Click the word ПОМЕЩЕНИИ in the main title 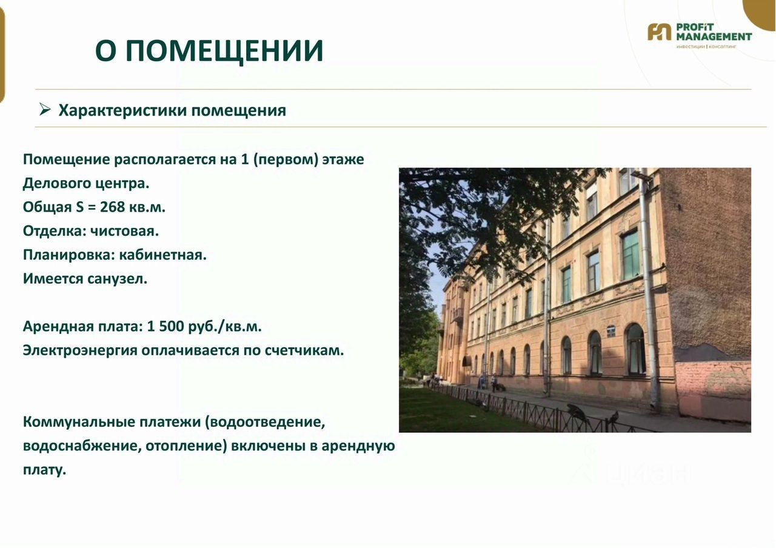pos(224,51)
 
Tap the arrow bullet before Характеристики pos(45,110)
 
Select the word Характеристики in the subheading pos(122,111)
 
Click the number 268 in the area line pos(112,207)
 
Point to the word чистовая pos(124,231)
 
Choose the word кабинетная pos(163,255)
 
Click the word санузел pos(116,279)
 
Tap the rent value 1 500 pos(166,326)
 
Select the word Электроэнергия pos(80,351)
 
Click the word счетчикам pos(304,350)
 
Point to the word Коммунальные pos(79,423)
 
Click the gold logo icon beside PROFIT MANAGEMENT pos(659,32)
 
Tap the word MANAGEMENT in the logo pos(714,36)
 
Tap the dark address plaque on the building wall pos(610,330)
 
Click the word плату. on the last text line pos(44,470)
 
